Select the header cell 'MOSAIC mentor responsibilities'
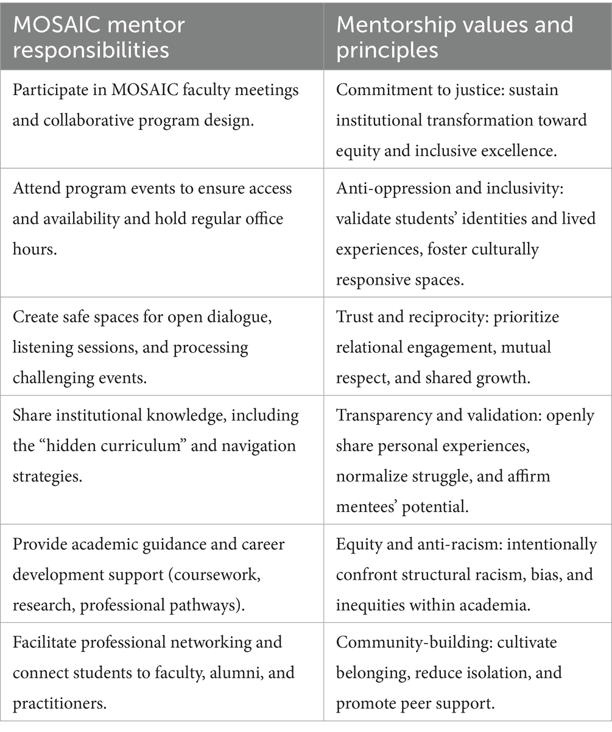tap(161, 37)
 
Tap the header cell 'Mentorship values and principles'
tap(467, 37)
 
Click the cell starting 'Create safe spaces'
tap(161, 347)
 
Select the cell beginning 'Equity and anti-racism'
tap(467, 574)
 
